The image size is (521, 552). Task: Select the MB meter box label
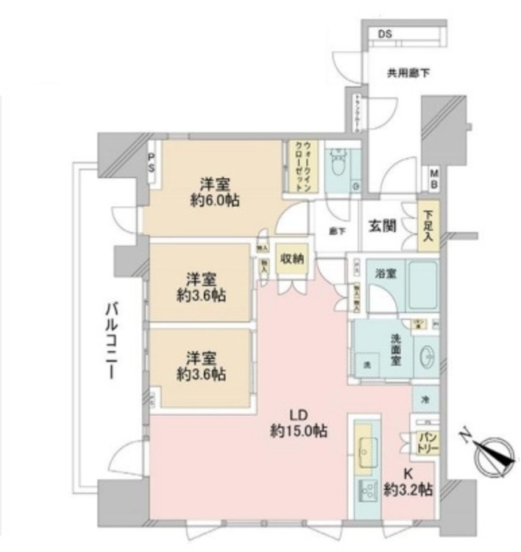pos(434,179)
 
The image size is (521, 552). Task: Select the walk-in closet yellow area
pos(302,166)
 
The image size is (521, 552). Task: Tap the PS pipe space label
pos(152,162)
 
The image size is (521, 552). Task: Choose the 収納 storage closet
pos(294,259)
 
